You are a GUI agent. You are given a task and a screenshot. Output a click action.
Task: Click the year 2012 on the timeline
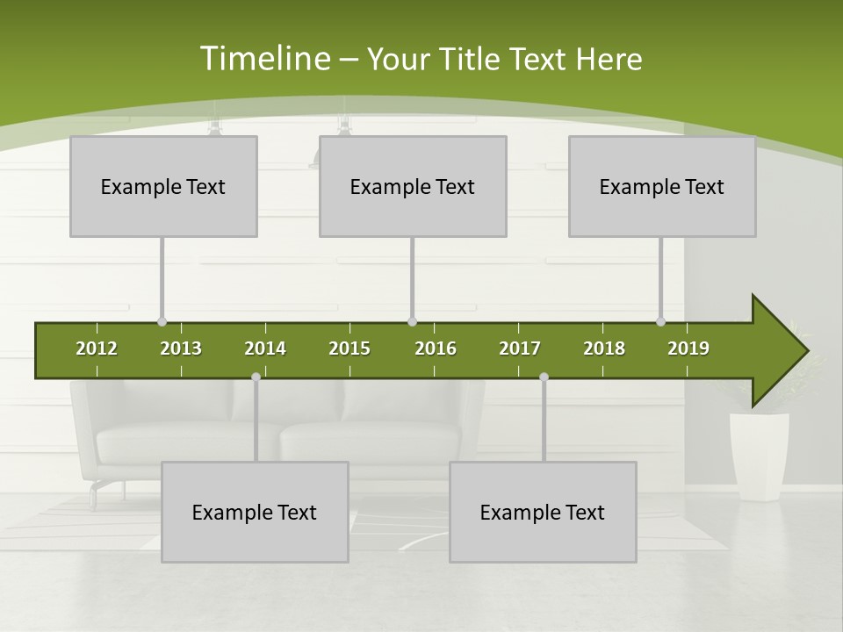click(97, 348)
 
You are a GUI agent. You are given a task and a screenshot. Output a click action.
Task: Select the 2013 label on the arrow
click(181, 348)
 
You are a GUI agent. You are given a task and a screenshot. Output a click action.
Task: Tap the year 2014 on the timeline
click(265, 348)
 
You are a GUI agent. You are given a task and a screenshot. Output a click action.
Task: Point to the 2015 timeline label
click(349, 348)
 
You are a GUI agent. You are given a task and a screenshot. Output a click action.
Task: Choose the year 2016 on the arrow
click(436, 348)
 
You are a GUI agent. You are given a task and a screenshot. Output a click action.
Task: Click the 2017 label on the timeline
click(520, 348)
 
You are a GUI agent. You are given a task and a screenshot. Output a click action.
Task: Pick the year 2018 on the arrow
click(604, 348)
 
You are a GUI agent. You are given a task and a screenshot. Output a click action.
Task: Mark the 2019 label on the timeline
click(688, 348)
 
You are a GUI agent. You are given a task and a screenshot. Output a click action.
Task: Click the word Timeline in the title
click(264, 59)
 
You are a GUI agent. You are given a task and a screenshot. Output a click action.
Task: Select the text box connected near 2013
click(163, 186)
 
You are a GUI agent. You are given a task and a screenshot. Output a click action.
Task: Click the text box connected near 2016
click(413, 186)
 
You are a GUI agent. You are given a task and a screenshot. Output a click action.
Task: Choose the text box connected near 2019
click(662, 186)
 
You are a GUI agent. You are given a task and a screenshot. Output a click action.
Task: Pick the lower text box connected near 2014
click(255, 512)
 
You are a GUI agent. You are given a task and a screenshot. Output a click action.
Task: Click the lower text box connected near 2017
click(543, 512)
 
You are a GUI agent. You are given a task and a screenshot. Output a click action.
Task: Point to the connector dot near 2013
click(162, 322)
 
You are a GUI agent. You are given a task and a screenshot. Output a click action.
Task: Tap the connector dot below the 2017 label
click(544, 377)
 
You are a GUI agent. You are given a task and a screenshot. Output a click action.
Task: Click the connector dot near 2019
click(660, 322)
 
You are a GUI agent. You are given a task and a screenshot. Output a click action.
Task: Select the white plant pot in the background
click(759, 455)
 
